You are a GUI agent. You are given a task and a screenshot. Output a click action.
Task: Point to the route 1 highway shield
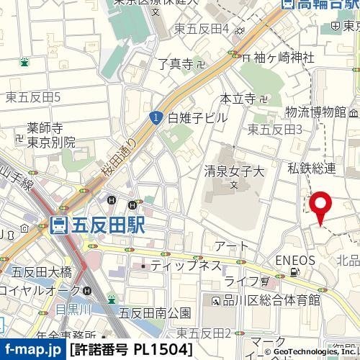tap(156, 117)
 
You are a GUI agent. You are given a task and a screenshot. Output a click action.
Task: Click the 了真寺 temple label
tap(176, 65)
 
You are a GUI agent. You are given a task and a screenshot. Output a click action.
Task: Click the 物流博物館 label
tap(315, 112)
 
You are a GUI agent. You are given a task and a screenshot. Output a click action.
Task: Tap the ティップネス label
tap(186, 266)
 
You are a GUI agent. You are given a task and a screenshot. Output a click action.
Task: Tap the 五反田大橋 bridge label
tap(42, 271)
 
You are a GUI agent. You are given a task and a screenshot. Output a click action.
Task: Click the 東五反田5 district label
tap(32, 96)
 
